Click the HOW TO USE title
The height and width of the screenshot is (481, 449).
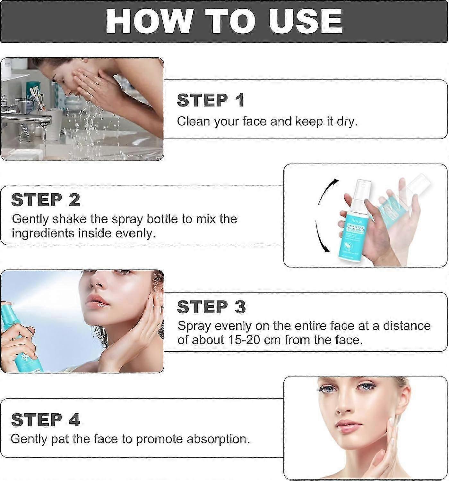click(x=224, y=21)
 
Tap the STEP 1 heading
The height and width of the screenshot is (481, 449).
click(x=211, y=100)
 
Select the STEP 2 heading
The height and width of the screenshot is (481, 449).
click(x=46, y=200)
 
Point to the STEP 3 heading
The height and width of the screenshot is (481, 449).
click(x=211, y=307)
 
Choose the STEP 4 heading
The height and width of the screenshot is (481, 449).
click(x=45, y=420)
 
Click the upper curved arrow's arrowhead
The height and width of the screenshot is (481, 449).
click(x=336, y=181)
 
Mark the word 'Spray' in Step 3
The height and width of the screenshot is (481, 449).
click(x=194, y=326)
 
